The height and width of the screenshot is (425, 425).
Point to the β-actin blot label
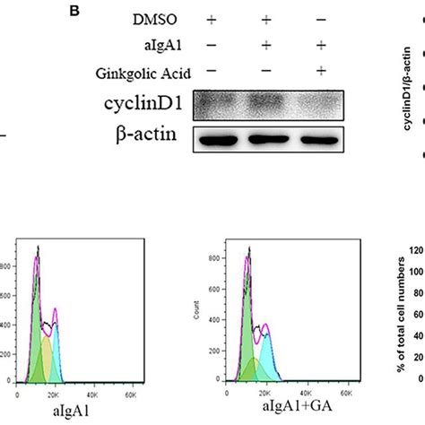(157, 136)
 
